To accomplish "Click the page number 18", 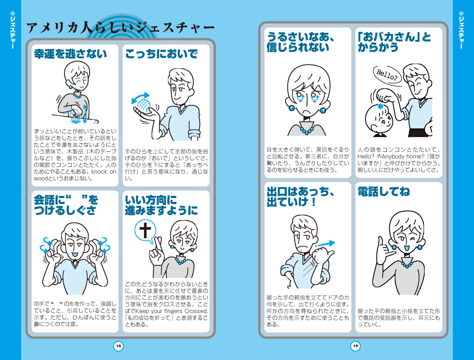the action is click(118, 346).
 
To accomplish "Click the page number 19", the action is click(355, 346).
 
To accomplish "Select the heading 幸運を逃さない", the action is click(71, 54).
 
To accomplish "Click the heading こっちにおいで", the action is click(162, 54).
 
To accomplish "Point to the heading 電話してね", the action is click(383, 192).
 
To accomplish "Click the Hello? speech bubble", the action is click(387, 74).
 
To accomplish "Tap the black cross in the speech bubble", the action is click(145, 230).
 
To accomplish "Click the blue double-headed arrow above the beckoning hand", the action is click(140, 98).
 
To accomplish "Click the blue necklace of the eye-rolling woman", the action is click(307, 131).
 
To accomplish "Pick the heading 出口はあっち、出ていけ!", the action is click(301, 197).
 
